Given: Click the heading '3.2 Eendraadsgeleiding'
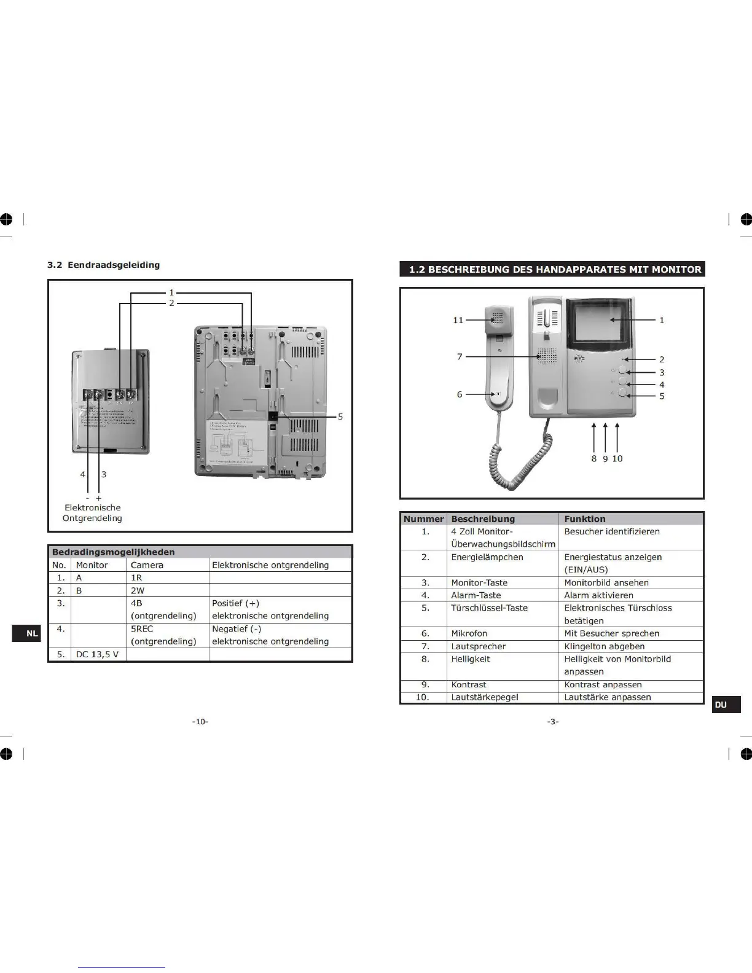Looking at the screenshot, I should (x=104, y=265).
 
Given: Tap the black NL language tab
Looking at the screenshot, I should (x=26, y=633).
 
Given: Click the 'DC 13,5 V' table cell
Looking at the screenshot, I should (x=98, y=654).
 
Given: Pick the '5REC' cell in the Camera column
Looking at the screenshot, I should (x=142, y=629).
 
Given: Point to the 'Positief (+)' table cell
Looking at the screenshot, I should (x=236, y=603).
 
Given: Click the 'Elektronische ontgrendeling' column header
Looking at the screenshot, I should (x=270, y=565).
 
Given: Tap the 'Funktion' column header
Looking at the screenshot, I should (x=585, y=519).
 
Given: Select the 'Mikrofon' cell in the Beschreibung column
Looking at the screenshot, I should (x=469, y=633).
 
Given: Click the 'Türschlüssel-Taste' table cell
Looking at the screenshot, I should (x=489, y=608).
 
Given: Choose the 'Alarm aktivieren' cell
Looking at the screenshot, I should (x=598, y=595).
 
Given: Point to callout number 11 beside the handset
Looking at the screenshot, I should (x=458, y=320).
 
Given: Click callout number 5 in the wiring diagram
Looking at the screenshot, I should (x=340, y=417).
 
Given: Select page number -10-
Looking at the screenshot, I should (x=200, y=722).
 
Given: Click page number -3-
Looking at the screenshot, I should (x=553, y=722).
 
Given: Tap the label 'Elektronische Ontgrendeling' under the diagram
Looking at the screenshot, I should (x=92, y=513).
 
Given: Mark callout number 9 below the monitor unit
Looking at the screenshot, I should (x=605, y=459).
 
